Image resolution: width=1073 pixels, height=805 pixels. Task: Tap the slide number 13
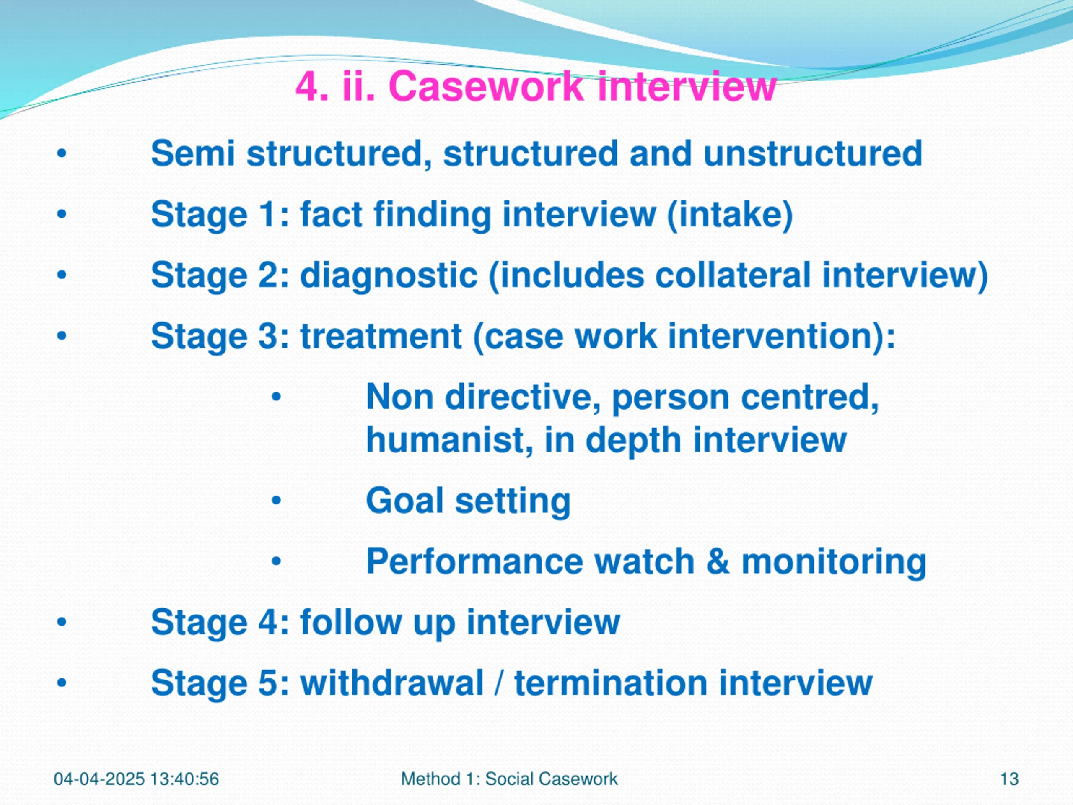point(1009,779)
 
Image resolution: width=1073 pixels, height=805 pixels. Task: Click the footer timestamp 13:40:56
point(184,779)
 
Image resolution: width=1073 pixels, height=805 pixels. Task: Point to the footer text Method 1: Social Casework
point(509,779)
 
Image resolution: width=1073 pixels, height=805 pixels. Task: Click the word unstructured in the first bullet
point(813,154)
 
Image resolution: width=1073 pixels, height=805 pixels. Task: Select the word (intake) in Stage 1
point(730,215)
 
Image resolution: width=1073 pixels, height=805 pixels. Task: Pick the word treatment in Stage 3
point(381,336)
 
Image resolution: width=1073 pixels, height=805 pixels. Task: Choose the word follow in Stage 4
point(351,622)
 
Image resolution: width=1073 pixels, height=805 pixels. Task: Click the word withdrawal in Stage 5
point(392,683)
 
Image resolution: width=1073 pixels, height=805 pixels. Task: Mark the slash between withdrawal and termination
point(499,683)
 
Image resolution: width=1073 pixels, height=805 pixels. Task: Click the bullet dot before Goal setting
point(276,501)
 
